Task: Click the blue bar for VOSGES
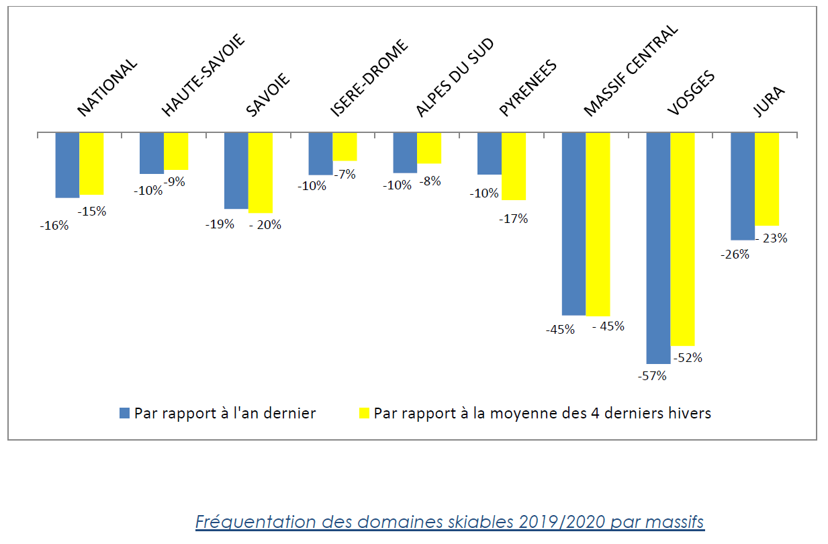657,248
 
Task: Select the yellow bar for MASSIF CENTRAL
598,224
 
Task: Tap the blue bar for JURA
742,186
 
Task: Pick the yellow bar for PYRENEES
513,166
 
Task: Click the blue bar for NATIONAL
67,165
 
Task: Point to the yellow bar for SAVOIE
261,173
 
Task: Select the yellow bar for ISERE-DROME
344,146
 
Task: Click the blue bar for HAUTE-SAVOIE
151,153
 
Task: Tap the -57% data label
652,376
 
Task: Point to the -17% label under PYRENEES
514,218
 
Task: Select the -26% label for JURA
735,255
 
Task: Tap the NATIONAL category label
107,88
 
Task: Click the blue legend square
124,413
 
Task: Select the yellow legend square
363,413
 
